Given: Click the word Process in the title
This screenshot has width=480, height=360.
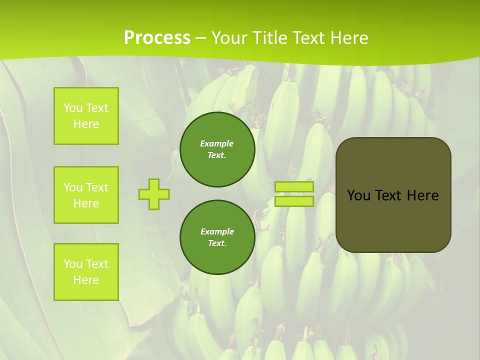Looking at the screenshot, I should point(157,37).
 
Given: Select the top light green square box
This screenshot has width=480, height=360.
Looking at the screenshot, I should point(86,116).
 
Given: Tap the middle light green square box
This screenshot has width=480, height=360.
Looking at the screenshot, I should point(86,195).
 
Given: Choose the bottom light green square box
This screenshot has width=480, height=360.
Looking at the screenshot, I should point(86,272).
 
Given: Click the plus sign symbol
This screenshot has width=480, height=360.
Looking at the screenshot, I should point(154,194).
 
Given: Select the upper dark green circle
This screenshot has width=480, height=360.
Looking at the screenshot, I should point(217,149).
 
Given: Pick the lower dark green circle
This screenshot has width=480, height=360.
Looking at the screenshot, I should point(217,237).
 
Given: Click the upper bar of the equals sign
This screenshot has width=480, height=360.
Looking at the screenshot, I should point(294,187).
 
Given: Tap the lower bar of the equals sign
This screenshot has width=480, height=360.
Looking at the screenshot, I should point(294,201).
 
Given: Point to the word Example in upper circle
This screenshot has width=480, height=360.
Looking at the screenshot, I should point(217,143).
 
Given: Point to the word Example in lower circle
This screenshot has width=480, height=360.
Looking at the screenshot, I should point(217,231).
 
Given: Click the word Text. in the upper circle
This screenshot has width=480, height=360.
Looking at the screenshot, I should point(217,155).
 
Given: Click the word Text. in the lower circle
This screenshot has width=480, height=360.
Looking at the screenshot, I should point(217,243).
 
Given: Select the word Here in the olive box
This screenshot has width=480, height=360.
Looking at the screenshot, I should point(422,195).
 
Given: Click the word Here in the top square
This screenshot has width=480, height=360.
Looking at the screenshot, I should point(86,124).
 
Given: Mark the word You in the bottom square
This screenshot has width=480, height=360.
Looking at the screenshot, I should point(73,264).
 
